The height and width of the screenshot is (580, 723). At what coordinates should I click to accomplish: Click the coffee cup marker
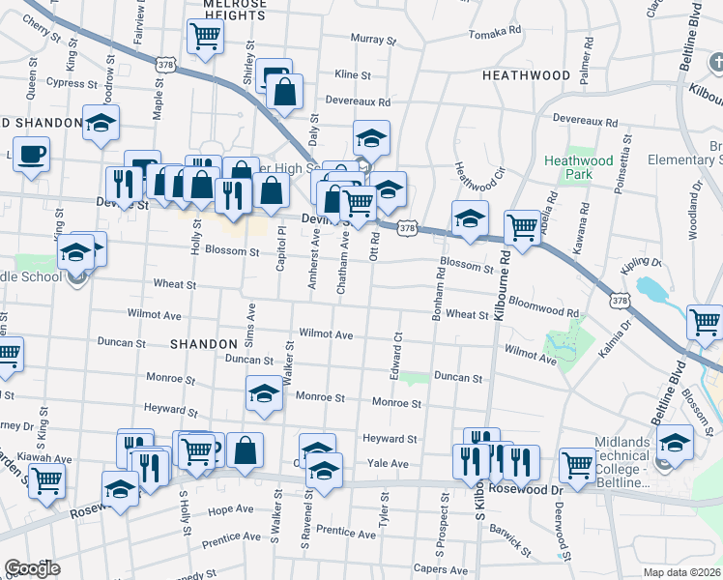click(x=32, y=153)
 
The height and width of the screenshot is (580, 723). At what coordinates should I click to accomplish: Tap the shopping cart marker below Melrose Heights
click(x=205, y=37)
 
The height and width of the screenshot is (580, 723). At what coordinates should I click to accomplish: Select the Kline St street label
click(x=352, y=74)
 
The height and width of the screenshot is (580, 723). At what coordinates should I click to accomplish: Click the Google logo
click(x=31, y=568)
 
